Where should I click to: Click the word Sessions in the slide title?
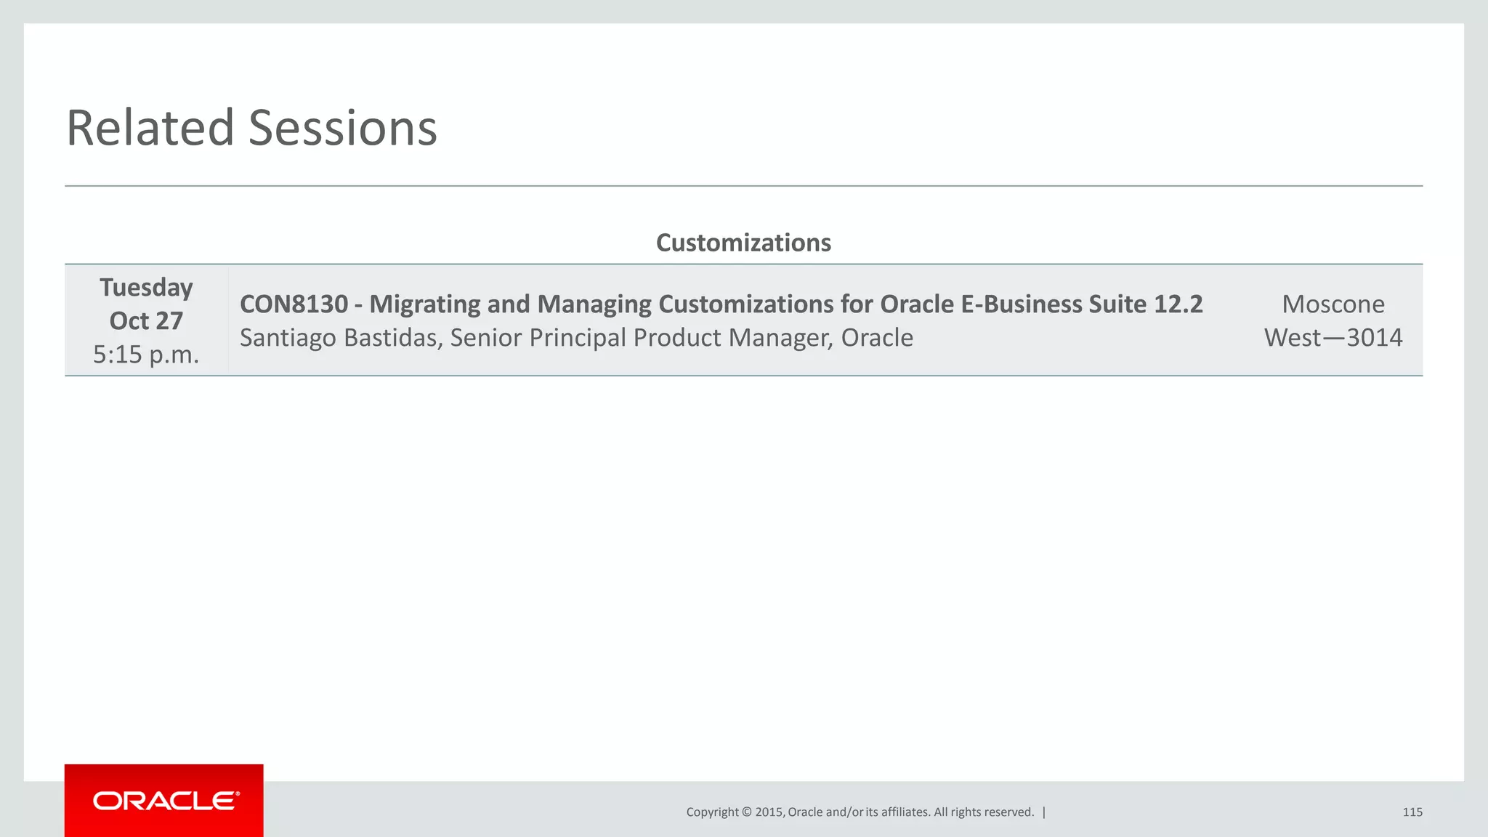coord(343,129)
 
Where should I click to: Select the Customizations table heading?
coord(743,243)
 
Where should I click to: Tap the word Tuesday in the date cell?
coord(146,288)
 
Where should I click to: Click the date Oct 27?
coord(146,321)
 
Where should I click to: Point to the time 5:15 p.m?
coord(146,355)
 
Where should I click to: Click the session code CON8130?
coord(294,304)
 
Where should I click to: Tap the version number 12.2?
coord(1178,304)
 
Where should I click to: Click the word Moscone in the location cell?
coord(1333,304)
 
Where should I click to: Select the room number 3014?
coord(1374,338)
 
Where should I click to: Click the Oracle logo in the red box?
coord(165,801)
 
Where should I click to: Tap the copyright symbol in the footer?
coord(746,812)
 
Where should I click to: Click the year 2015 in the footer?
coord(769,812)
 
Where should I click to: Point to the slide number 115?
coord(1412,812)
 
